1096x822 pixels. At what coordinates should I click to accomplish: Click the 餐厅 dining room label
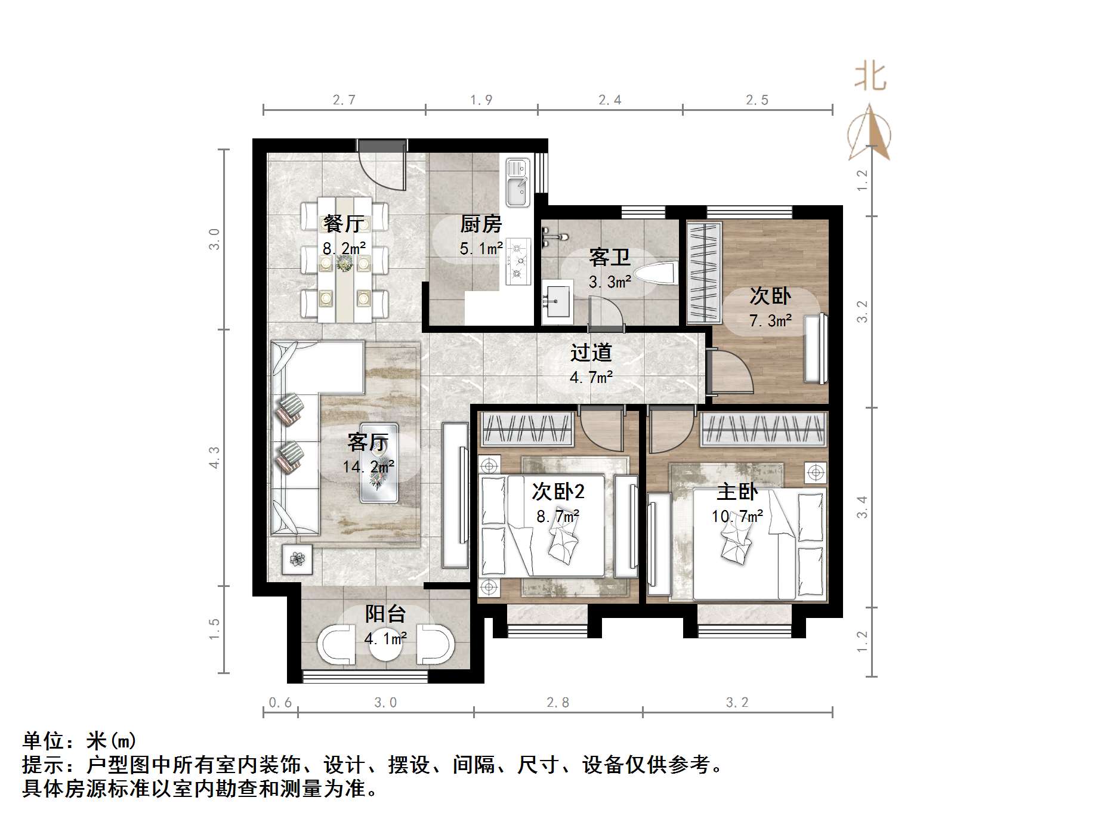pos(344,224)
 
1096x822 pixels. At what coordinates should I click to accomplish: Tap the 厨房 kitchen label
pos(481,224)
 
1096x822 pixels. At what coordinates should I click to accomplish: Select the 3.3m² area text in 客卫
pos(610,282)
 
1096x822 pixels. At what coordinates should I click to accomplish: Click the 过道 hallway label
pos(591,353)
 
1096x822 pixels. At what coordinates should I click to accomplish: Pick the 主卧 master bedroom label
pos(737,492)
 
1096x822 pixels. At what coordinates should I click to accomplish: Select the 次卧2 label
pos(558,492)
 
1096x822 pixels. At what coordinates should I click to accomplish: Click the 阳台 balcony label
pos(385,614)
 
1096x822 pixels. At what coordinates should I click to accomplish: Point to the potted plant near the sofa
pos(297,559)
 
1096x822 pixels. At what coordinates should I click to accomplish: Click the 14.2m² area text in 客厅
pos(368,466)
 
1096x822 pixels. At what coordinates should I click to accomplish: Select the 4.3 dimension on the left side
pos(215,457)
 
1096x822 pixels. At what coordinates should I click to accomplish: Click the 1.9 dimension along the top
pos(481,100)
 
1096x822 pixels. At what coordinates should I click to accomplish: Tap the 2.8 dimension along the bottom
pos(558,703)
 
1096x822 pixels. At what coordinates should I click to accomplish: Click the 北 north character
pos(870,77)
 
